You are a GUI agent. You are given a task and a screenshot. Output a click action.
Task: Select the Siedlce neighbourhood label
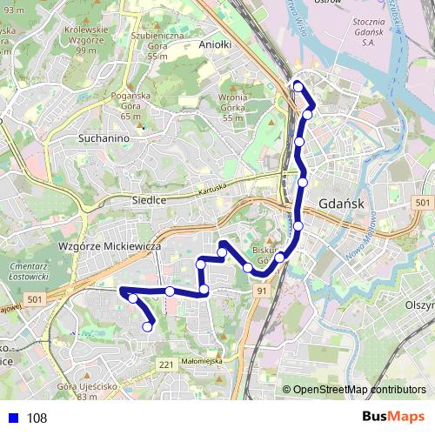[148, 199]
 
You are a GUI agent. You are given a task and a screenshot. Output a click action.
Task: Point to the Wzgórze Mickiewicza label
[110, 246]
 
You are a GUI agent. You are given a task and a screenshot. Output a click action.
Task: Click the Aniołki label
[214, 44]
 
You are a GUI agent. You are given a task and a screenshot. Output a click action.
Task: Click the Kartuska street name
[211, 189]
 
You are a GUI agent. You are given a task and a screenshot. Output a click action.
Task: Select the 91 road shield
[261, 292]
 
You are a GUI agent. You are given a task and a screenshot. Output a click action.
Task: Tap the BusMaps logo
[394, 417]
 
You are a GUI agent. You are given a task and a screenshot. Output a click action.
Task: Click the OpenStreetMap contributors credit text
[360, 389]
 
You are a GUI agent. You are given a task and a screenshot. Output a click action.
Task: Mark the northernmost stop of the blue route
[298, 86]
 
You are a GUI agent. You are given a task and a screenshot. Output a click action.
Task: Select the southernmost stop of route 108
[147, 326]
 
